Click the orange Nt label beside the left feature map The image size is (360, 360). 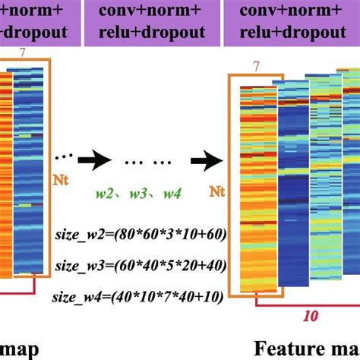(61, 180)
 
